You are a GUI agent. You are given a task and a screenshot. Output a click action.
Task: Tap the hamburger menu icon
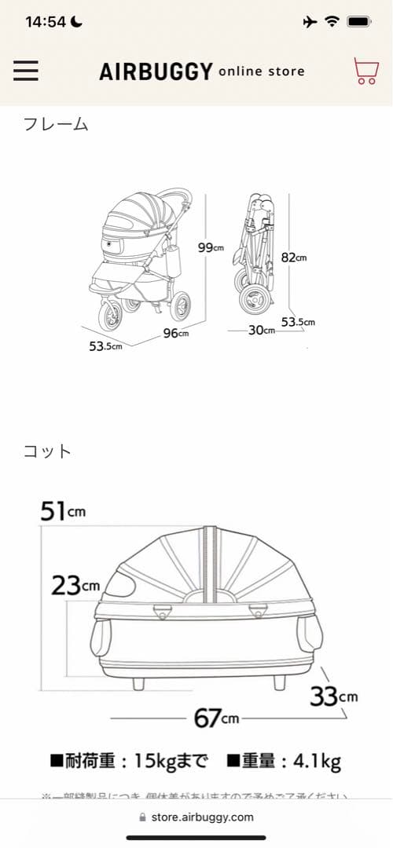(x=26, y=71)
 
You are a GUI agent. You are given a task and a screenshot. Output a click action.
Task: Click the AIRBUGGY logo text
(x=156, y=72)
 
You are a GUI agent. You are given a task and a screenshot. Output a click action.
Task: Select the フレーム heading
(x=56, y=123)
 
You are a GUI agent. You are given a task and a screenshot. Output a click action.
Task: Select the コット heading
(x=48, y=451)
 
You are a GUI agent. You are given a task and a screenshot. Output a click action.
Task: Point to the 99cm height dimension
(x=210, y=247)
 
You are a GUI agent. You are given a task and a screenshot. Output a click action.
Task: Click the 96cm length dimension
(x=175, y=334)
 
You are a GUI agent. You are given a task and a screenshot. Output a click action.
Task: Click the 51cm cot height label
(x=62, y=511)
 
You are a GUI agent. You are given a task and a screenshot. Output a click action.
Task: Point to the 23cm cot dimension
(x=75, y=585)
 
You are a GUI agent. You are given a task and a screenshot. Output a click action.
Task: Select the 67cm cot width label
(x=216, y=718)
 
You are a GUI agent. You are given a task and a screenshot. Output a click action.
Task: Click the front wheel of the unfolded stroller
(x=109, y=316)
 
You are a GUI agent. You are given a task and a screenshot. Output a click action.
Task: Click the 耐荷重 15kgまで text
(x=130, y=761)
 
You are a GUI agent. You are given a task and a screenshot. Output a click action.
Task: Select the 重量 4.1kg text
(x=284, y=761)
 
